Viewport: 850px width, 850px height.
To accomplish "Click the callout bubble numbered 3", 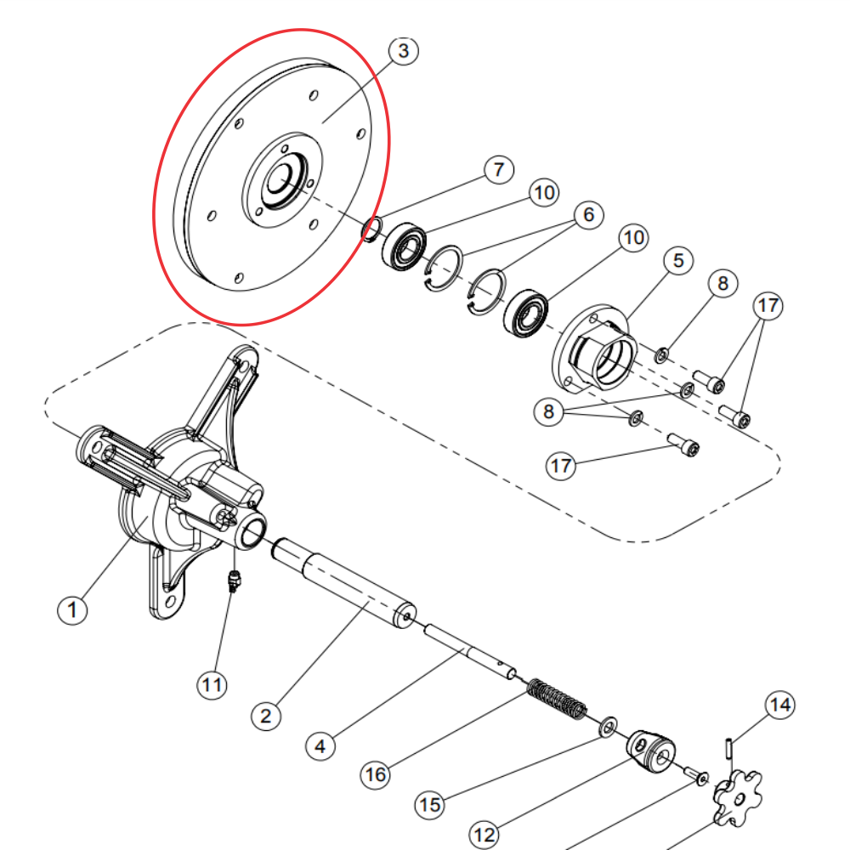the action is pyautogui.click(x=403, y=51).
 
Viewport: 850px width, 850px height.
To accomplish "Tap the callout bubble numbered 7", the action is pyautogui.click(x=499, y=170).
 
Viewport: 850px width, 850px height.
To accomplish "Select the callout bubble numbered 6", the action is pyautogui.click(x=589, y=215).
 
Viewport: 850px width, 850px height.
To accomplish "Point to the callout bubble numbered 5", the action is pyautogui.click(x=678, y=261).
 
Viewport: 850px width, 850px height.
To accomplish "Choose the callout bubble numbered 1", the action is pyautogui.click(x=72, y=609).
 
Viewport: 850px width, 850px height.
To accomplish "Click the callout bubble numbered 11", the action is pyautogui.click(x=212, y=684).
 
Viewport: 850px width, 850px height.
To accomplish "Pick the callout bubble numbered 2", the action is pyautogui.click(x=265, y=716).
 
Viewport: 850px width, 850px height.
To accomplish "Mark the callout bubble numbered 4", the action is pyautogui.click(x=320, y=746).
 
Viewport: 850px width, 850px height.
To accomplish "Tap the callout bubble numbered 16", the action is pyautogui.click(x=376, y=774).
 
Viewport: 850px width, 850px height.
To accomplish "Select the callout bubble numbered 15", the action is pyautogui.click(x=430, y=804).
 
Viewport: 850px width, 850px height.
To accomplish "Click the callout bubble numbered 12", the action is pyautogui.click(x=484, y=835).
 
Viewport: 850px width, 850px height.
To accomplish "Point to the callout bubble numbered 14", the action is pyautogui.click(x=780, y=705).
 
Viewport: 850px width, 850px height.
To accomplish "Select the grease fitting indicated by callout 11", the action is pyautogui.click(x=234, y=581).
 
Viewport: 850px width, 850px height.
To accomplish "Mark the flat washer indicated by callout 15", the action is pyautogui.click(x=608, y=727).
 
